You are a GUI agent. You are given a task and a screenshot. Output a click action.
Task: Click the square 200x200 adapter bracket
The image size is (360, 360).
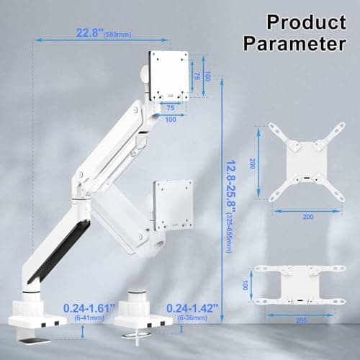[298, 162]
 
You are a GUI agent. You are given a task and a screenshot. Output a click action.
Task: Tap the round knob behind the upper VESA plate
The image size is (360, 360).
[143, 73]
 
